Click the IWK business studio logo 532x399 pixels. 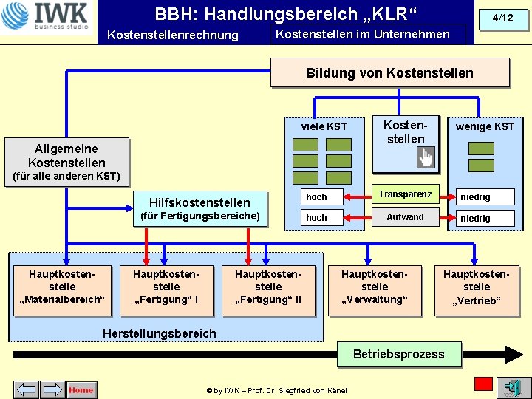46,17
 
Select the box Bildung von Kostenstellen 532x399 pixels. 389,73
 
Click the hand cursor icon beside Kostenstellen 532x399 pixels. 426,157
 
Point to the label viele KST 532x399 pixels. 324,126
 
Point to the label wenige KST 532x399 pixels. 485,126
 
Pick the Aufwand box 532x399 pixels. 405,217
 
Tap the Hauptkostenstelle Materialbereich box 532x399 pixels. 62,287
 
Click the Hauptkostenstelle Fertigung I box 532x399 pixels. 166,287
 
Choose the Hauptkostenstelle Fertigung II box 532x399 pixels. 268,287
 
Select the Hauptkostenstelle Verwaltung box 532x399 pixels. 375,287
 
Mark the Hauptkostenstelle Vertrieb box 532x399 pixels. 477,287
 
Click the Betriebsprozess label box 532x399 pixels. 398,354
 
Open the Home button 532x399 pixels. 81,389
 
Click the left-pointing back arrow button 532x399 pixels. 27,389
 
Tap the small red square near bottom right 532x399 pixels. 483,383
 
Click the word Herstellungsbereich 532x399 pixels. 160,333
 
